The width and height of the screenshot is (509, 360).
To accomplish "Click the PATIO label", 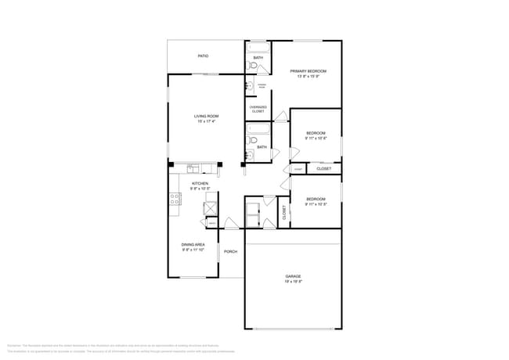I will click(x=203, y=56).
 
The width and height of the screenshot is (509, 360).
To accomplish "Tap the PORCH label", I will click(x=230, y=251).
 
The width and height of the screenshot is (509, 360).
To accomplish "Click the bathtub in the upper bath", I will click(x=258, y=47).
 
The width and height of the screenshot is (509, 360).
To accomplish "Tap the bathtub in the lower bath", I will click(x=258, y=128).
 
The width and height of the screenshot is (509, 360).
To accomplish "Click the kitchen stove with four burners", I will click(x=175, y=199).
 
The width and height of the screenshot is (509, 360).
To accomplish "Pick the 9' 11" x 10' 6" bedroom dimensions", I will click(x=316, y=138).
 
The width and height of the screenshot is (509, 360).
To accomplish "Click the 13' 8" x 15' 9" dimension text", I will click(x=311, y=77).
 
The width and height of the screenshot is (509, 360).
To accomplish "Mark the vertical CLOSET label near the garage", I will click(x=283, y=211).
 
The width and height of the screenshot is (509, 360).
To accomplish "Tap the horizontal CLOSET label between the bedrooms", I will click(x=323, y=168).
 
